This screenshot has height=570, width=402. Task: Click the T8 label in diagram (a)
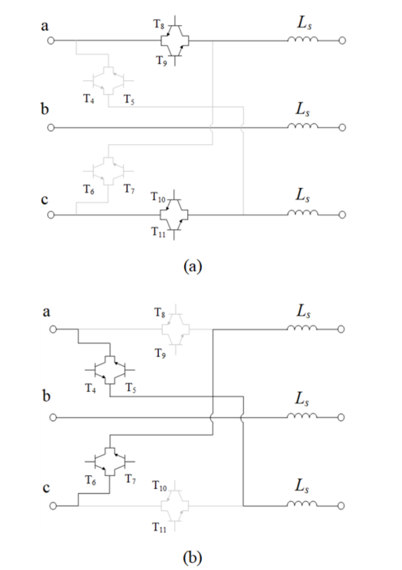tap(158, 24)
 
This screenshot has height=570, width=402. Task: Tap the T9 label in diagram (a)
tap(161, 61)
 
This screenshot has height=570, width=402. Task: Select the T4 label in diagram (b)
tap(91, 389)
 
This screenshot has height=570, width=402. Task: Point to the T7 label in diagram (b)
tap(130, 479)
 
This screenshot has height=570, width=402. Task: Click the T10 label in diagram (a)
tap(158, 198)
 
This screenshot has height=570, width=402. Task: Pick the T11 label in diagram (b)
tap(159, 527)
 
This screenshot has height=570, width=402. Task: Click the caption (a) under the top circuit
tap(193, 266)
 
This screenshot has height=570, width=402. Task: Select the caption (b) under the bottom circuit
tap(193, 557)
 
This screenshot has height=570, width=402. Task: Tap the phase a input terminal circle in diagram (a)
tap(51, 40)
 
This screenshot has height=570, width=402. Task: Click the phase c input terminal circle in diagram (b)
tap(53, 506)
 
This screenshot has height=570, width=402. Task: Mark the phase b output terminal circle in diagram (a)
tap(342, 128)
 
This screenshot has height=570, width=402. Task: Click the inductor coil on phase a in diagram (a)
tap(302, 39)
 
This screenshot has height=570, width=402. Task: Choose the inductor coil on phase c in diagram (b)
tap(302, 504)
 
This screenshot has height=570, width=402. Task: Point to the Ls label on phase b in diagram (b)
tap(302, 399)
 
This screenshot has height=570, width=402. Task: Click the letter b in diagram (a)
tap(45, 108)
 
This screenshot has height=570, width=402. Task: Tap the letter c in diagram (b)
tap(46, 488)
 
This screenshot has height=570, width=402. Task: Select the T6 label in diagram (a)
tap(89, 189)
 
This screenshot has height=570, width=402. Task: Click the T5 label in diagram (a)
tap(129, 99)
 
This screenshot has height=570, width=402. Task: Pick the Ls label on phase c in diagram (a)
tap(302, 195)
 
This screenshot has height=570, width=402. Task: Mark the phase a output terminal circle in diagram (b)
tap(341, 329)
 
